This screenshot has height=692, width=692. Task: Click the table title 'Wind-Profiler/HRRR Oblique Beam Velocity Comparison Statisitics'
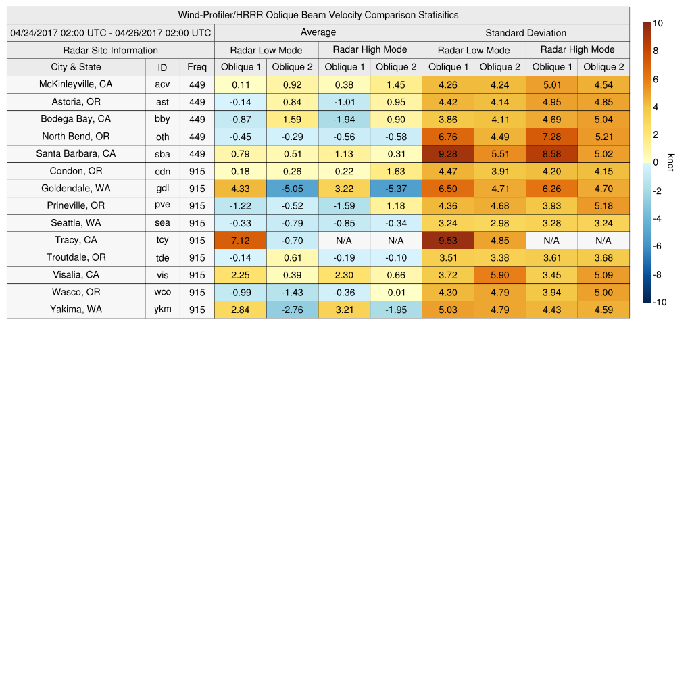point(318,15)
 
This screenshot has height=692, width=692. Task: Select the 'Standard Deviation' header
point(526,32)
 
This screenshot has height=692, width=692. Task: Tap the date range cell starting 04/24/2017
point(111,32)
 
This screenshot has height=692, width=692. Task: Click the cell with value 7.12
point(241,240)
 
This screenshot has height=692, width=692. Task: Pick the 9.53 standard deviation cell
point(448,240)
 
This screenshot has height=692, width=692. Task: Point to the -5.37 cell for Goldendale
point(396,188)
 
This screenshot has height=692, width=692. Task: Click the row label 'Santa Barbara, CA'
point(76,153)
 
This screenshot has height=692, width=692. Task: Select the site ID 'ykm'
point(162,310)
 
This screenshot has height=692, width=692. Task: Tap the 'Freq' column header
point(197,67)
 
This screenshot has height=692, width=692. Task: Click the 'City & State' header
point(76,67)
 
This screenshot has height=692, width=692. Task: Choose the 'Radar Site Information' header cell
point(111,50)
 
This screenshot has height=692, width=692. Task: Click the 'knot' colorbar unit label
point(670,163)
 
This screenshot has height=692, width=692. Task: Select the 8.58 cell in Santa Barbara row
point(551,153)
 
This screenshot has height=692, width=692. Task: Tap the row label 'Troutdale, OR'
point(76,257)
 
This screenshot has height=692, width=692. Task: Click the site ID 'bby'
point(162,119)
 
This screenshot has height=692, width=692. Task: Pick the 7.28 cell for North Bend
point(551,137)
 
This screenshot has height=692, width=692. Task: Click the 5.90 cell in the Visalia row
point(500,275)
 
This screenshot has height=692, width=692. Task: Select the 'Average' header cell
point(318,32)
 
